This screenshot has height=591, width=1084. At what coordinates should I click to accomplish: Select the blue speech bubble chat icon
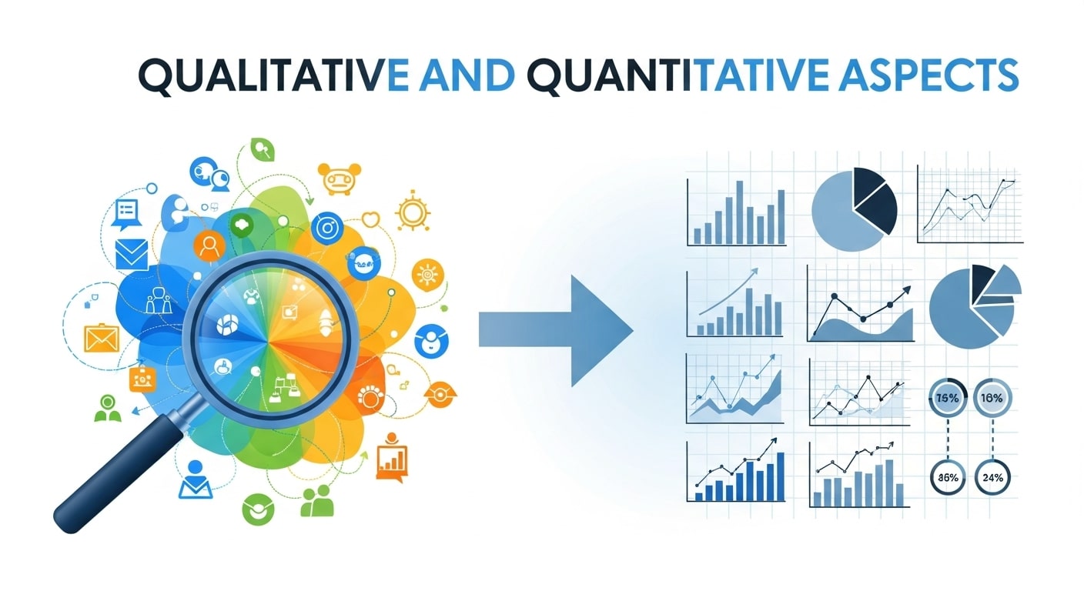click(x=126, y=213)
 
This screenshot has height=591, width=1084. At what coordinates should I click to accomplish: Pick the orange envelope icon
click(x=99, y=337)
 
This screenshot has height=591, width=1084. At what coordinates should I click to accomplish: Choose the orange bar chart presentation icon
click(x=392, y=459)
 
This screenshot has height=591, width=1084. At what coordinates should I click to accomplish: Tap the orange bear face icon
click(x=336, y=180)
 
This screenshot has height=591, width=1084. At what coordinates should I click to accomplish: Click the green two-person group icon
click(x=316, y=501)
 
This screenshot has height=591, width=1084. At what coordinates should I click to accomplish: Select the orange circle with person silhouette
click(x=208, y=245)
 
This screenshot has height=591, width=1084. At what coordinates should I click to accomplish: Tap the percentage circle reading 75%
click(x=948, y=399)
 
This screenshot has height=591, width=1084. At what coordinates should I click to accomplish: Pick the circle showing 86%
click(x=948, y=476)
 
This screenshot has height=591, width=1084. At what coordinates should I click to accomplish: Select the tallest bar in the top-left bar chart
click(x=739, y=212)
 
